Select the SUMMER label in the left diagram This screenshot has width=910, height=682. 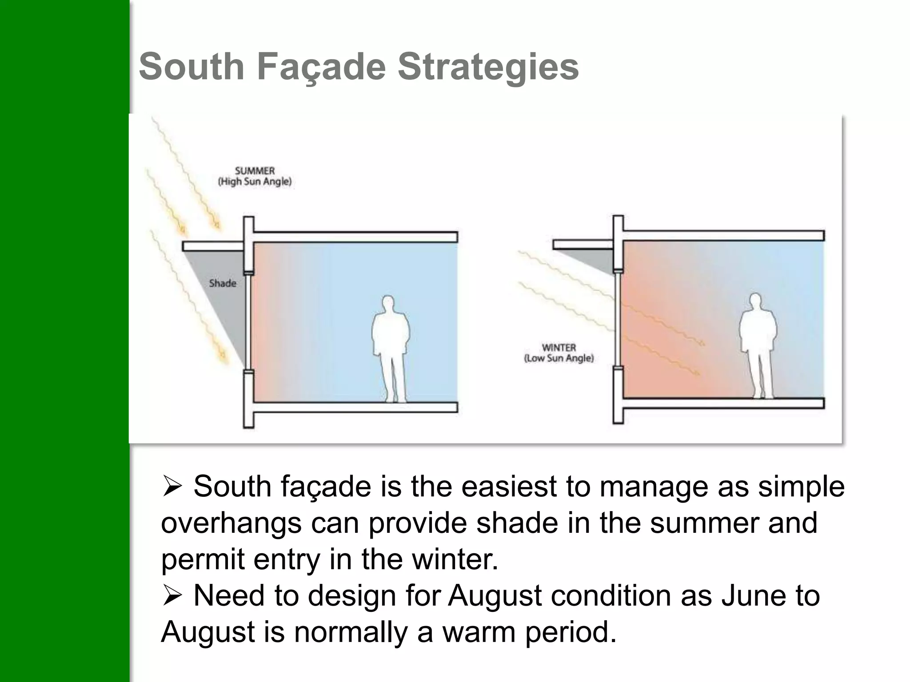click(255, 170)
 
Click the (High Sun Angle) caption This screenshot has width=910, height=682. click(255, 182)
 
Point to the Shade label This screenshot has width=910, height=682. click(223, 283)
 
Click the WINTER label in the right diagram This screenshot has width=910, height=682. click(559, 348)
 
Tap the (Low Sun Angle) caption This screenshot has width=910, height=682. click(559, 358)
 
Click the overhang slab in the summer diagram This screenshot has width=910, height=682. click(213, 246)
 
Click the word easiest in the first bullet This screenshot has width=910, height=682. click(509, 487)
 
